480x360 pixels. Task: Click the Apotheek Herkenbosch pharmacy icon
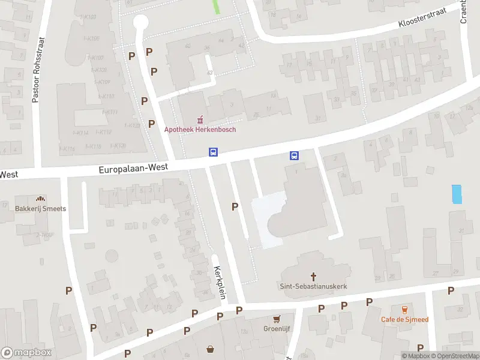[x=200, y=119]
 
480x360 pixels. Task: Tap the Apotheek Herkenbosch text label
[x=200, y=129]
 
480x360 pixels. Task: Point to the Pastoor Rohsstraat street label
[x=35, y=71]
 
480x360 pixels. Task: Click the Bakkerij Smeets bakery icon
[x=41, y=199]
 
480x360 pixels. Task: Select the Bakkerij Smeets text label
[x=41, y=209]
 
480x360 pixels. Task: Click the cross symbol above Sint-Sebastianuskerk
[x=313, y=277]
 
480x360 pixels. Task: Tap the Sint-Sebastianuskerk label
[x=313, y=286]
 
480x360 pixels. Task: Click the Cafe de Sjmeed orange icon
[x=404, y=310]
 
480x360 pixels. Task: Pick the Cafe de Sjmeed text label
[x=404, y=319]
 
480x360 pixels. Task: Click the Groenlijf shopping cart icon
[x=277, y=319]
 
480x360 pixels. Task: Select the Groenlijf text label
[x=277, y=328]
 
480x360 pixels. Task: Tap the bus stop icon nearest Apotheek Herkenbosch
[x=213, y=152]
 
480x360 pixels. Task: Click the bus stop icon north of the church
[x=294, y=155]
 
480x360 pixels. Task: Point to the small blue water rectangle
[x=457, y=194]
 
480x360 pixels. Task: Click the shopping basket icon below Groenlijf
[x=211, y=349]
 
